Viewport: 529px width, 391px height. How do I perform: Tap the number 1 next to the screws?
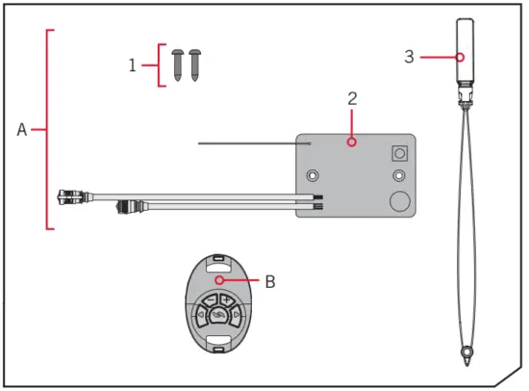click(x=133, y=65)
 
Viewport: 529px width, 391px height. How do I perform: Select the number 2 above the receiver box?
click(x=352, y=98)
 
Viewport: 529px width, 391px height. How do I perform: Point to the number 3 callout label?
click(x=409, y=57)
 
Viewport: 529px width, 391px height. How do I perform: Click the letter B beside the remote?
click(x=270, y=282)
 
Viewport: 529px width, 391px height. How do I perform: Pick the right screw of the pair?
click(x=194, y=65)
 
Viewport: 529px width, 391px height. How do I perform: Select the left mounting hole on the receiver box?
click(x=313, y=176)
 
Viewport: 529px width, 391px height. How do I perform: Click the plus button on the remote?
click(x=227, y=300)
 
